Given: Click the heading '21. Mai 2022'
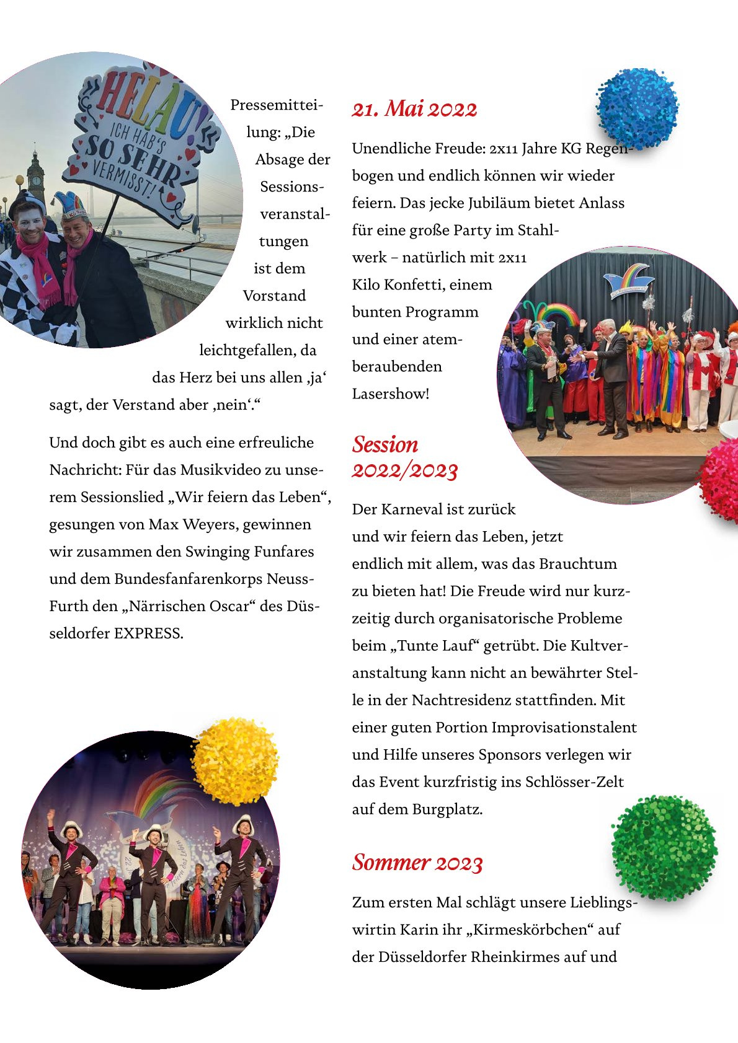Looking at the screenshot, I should [x=414, y=109].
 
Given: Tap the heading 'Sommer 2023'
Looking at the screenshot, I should [x=417, y=863].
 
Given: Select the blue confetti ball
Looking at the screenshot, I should [x=637, y=109].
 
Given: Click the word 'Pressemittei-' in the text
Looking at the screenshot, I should [x=277, y=105].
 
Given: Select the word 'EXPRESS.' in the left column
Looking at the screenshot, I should [x=149, y=633].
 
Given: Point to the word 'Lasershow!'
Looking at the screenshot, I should [x=391, y=394].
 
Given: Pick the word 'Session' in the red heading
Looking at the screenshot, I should [x=385, y=444].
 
